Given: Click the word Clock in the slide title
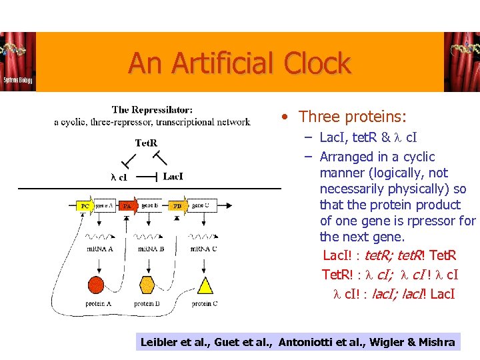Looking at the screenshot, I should [x=317, y=63].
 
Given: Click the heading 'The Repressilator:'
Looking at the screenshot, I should [x=152, y=110].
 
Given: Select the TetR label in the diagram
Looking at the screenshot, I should [x=146, y=143].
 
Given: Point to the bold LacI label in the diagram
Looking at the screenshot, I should [x=173, y=177].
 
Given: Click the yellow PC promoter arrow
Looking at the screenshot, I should [x=85, y=206].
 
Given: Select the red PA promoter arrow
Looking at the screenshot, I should [x=128, y=206].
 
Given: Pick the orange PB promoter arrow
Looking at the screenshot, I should [x=177, y=206].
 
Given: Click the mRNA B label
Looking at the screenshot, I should [x=151, y=249].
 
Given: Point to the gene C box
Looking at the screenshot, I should [x=200, y=205].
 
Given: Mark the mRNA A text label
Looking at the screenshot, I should [x=99, y=249].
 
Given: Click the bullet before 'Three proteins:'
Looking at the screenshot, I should [x=285, y=117].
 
